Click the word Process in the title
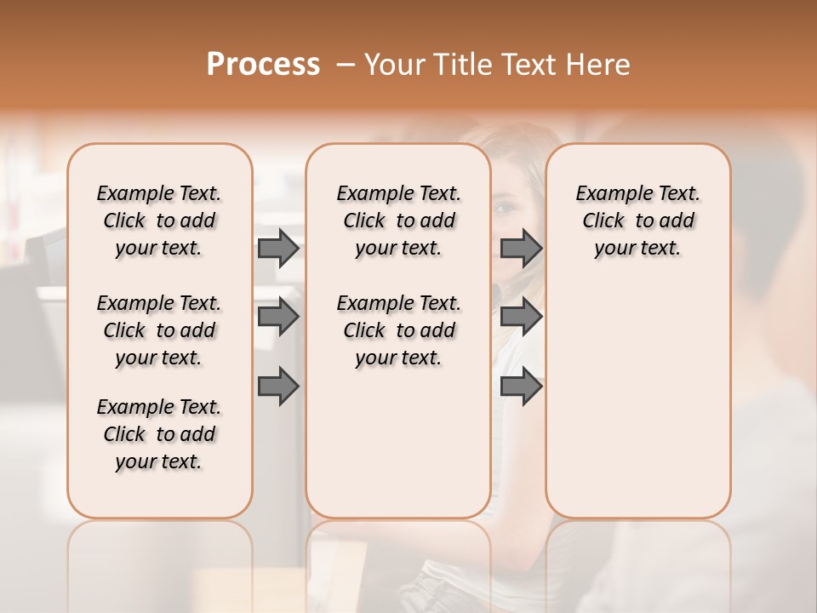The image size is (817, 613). tap(263, 64)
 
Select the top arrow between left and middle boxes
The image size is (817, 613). tap(278, 248)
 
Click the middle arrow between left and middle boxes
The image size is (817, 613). tap(278, 318)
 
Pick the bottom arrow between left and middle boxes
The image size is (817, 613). tap(278, 387)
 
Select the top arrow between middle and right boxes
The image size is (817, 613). tap(521, 248)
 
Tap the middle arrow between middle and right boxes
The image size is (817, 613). tap(521, 318)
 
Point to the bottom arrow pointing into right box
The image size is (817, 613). tap(521, 387)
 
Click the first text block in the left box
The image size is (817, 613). tap(159, 221)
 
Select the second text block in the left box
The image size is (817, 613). tap(159, 330)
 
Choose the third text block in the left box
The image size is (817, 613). tap(159, 434)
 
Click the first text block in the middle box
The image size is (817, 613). tap(398, 221)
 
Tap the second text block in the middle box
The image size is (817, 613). tap(398, 330)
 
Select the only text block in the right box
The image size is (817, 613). tap(637, 221)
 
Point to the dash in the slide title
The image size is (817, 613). tap(346, 65)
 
